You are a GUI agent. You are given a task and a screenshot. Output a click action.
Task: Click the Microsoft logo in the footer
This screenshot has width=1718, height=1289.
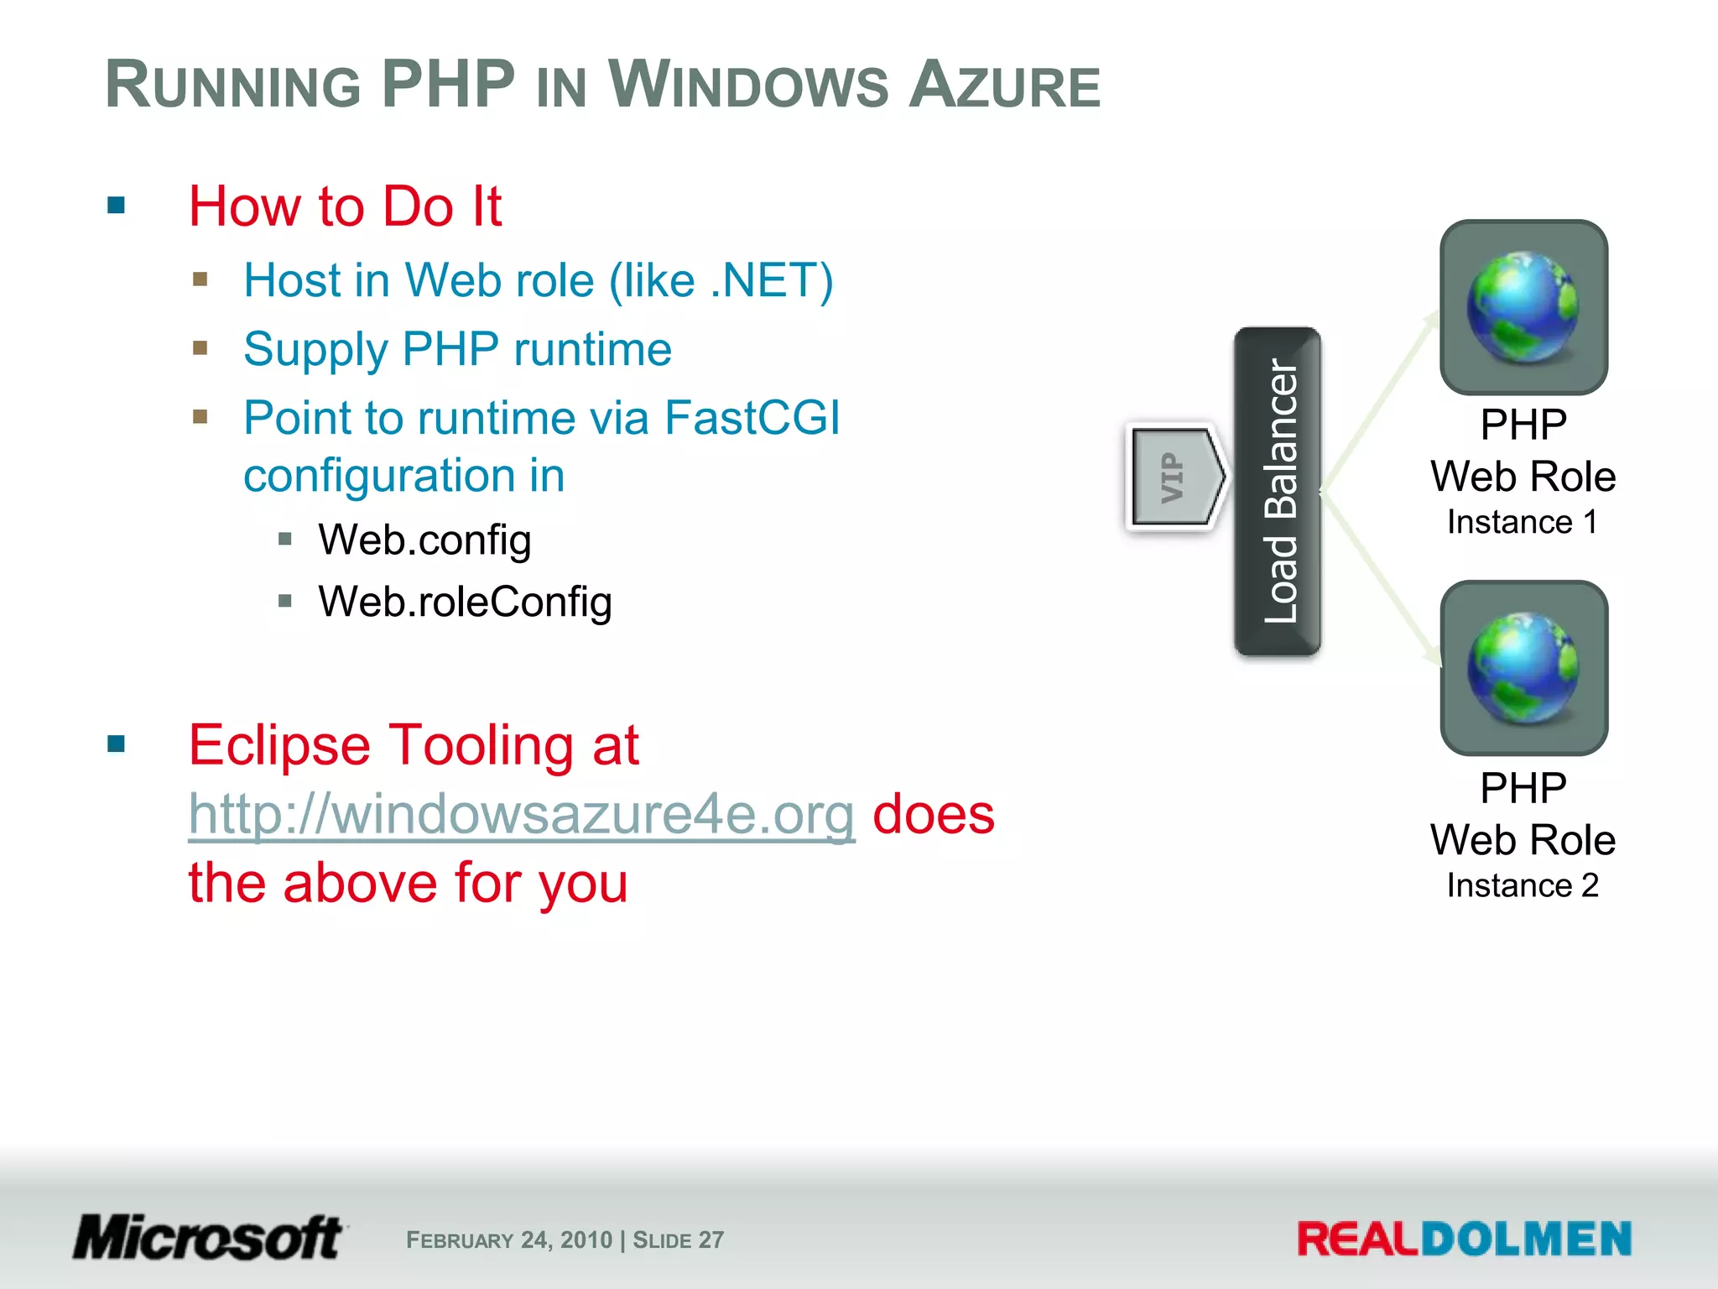tap(208, 1237)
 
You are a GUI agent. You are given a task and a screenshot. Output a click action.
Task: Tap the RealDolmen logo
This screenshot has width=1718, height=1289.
tap(1463, 1239)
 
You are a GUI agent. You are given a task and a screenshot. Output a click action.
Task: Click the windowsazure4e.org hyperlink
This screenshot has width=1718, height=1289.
tap(521, 815)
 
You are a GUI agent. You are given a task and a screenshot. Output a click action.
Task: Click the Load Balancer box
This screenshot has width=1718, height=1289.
tap(1278, 491)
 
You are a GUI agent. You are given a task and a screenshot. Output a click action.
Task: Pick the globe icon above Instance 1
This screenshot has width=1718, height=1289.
tap(1523, 307)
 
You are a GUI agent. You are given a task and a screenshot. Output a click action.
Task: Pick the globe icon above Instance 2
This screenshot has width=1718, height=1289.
tap(1523, 668)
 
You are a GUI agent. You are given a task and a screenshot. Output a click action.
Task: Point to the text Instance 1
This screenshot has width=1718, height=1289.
tap(1522, 522)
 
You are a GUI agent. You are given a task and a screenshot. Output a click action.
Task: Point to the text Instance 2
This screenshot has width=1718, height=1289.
tap(1522, 885)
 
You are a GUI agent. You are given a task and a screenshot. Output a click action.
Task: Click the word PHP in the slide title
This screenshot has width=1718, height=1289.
tap(448, 85)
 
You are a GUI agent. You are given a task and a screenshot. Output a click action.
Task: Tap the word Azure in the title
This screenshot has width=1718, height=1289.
tap(1004, 85)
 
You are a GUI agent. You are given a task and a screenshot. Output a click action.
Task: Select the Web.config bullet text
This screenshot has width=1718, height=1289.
tap(424, 540)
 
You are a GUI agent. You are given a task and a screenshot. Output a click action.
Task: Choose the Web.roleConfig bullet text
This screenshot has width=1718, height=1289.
tap(465, 602)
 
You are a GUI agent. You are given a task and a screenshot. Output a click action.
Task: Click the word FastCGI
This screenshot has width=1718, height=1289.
tap(752, 418)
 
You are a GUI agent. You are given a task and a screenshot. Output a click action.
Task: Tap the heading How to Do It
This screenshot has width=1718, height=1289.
tap(345, 206)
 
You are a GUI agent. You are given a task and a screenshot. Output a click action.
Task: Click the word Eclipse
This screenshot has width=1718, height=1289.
tap(279, 745)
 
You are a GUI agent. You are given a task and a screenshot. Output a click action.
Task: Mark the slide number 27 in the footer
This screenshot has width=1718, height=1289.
tap(711, 1239)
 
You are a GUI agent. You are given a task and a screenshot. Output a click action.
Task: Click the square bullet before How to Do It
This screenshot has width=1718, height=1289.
tap(117, 205)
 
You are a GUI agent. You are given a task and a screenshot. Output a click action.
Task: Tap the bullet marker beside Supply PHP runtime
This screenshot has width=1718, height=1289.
tap(200, 347)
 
